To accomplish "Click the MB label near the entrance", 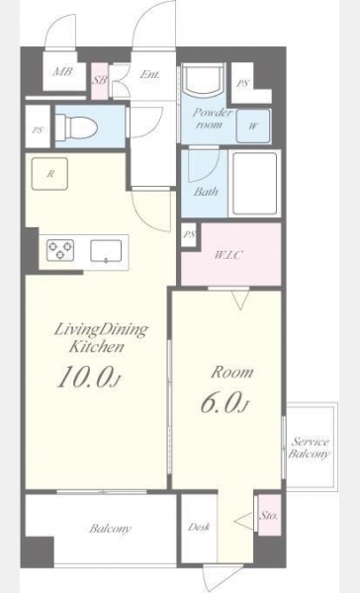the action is (x=62, y=71).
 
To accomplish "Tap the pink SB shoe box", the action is (x=100, y=81).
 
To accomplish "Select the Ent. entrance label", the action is (x=149, y=74).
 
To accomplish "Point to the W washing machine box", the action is (x=253, y=126).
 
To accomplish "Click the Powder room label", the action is (x=212, y=119).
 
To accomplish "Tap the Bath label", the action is (x=206, y=192).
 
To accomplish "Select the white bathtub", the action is (x=255, y=184).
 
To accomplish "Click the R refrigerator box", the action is (x=49, y=174).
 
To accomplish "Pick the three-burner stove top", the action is (x=60, y=250).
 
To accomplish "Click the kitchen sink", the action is (x=106, y=251).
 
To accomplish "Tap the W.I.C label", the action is (x=227, y=255).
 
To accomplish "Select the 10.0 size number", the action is (x=85, y=377).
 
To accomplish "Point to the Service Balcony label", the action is (x=310, y=448).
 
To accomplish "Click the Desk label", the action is (x=199, y=527).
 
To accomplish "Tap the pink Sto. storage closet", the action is (x=270, y=515).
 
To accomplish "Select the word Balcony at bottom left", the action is (x=110, y=529).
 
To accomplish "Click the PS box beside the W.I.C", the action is (x=189, y=234).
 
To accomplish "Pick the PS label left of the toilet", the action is (x=38, y=130).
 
